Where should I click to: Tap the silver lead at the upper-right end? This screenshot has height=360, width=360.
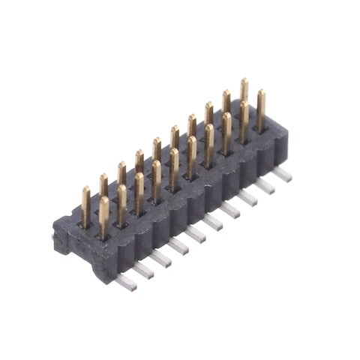pyautogui.click(x=281, y=174)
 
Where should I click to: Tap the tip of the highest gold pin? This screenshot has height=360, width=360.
pyautogui.click(x=244, y=81)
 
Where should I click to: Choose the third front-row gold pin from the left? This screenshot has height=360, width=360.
pyautogui.click(x=139, y=192)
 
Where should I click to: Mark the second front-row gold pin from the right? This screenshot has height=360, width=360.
pyautogui.click(x=244, y=121)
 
